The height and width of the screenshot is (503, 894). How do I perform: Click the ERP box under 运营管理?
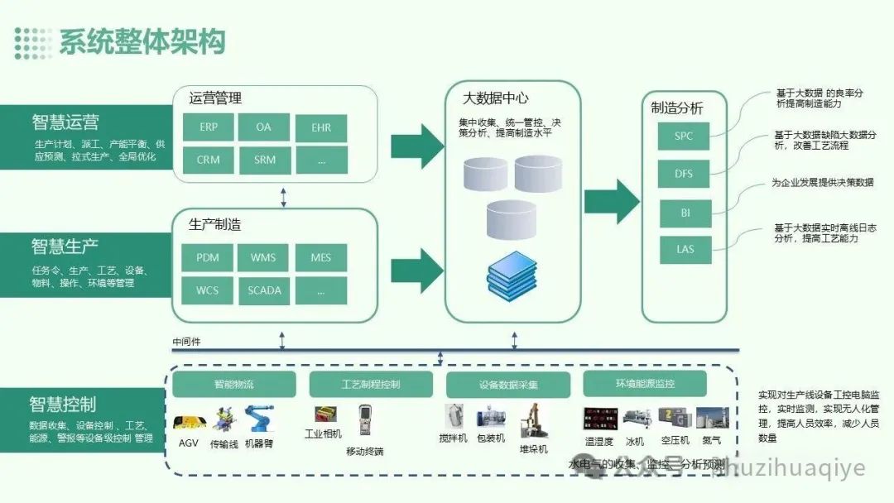(208, 127)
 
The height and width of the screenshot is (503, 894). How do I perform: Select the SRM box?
(264, 160)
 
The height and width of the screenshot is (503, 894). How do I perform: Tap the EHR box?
(321, 127)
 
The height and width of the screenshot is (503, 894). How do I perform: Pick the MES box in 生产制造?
(321, 257)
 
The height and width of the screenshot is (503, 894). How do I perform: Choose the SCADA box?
(264, 290)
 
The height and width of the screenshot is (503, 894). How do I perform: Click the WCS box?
(208, 290)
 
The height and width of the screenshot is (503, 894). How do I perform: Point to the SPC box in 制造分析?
(684, 137)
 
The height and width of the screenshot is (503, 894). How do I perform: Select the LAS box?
(684, 249)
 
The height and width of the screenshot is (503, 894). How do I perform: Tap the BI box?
(684, 213)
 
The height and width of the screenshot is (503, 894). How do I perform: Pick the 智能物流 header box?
(234, 384)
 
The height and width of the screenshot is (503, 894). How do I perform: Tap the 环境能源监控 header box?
(645, 384)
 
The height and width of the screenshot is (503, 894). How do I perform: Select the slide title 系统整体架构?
(142, 41)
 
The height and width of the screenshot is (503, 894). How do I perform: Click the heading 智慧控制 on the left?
(63, 405)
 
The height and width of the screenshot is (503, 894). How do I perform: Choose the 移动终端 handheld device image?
(365, 423)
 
